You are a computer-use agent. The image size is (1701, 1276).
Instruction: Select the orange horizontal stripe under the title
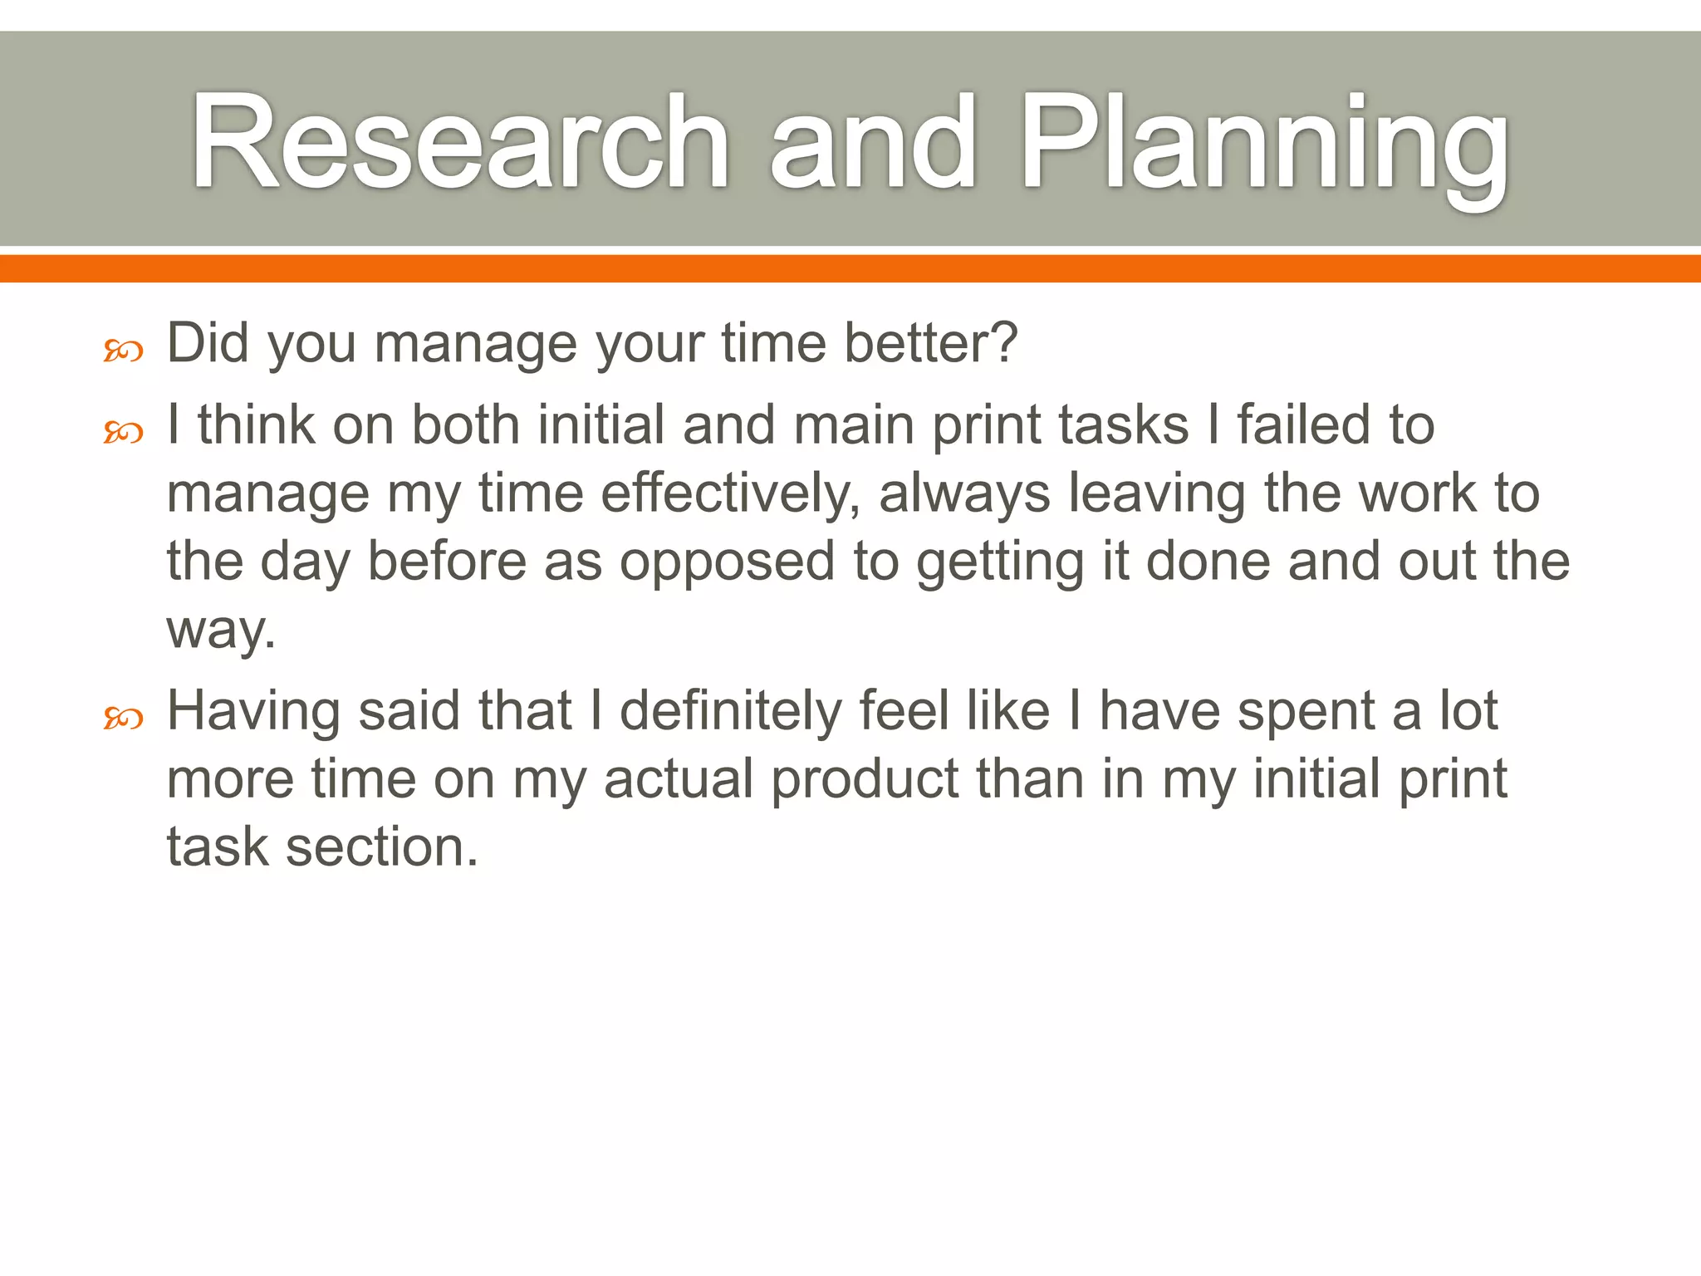(850, 268)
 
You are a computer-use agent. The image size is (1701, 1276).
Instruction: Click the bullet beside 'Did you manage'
(123, 351)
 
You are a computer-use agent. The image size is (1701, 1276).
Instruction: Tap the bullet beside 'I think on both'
(123, 433)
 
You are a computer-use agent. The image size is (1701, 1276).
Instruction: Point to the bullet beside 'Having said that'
(123, 718)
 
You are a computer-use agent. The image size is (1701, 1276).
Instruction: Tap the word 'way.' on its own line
(221, 631)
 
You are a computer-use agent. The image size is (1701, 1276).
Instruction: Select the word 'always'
(964, 494)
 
